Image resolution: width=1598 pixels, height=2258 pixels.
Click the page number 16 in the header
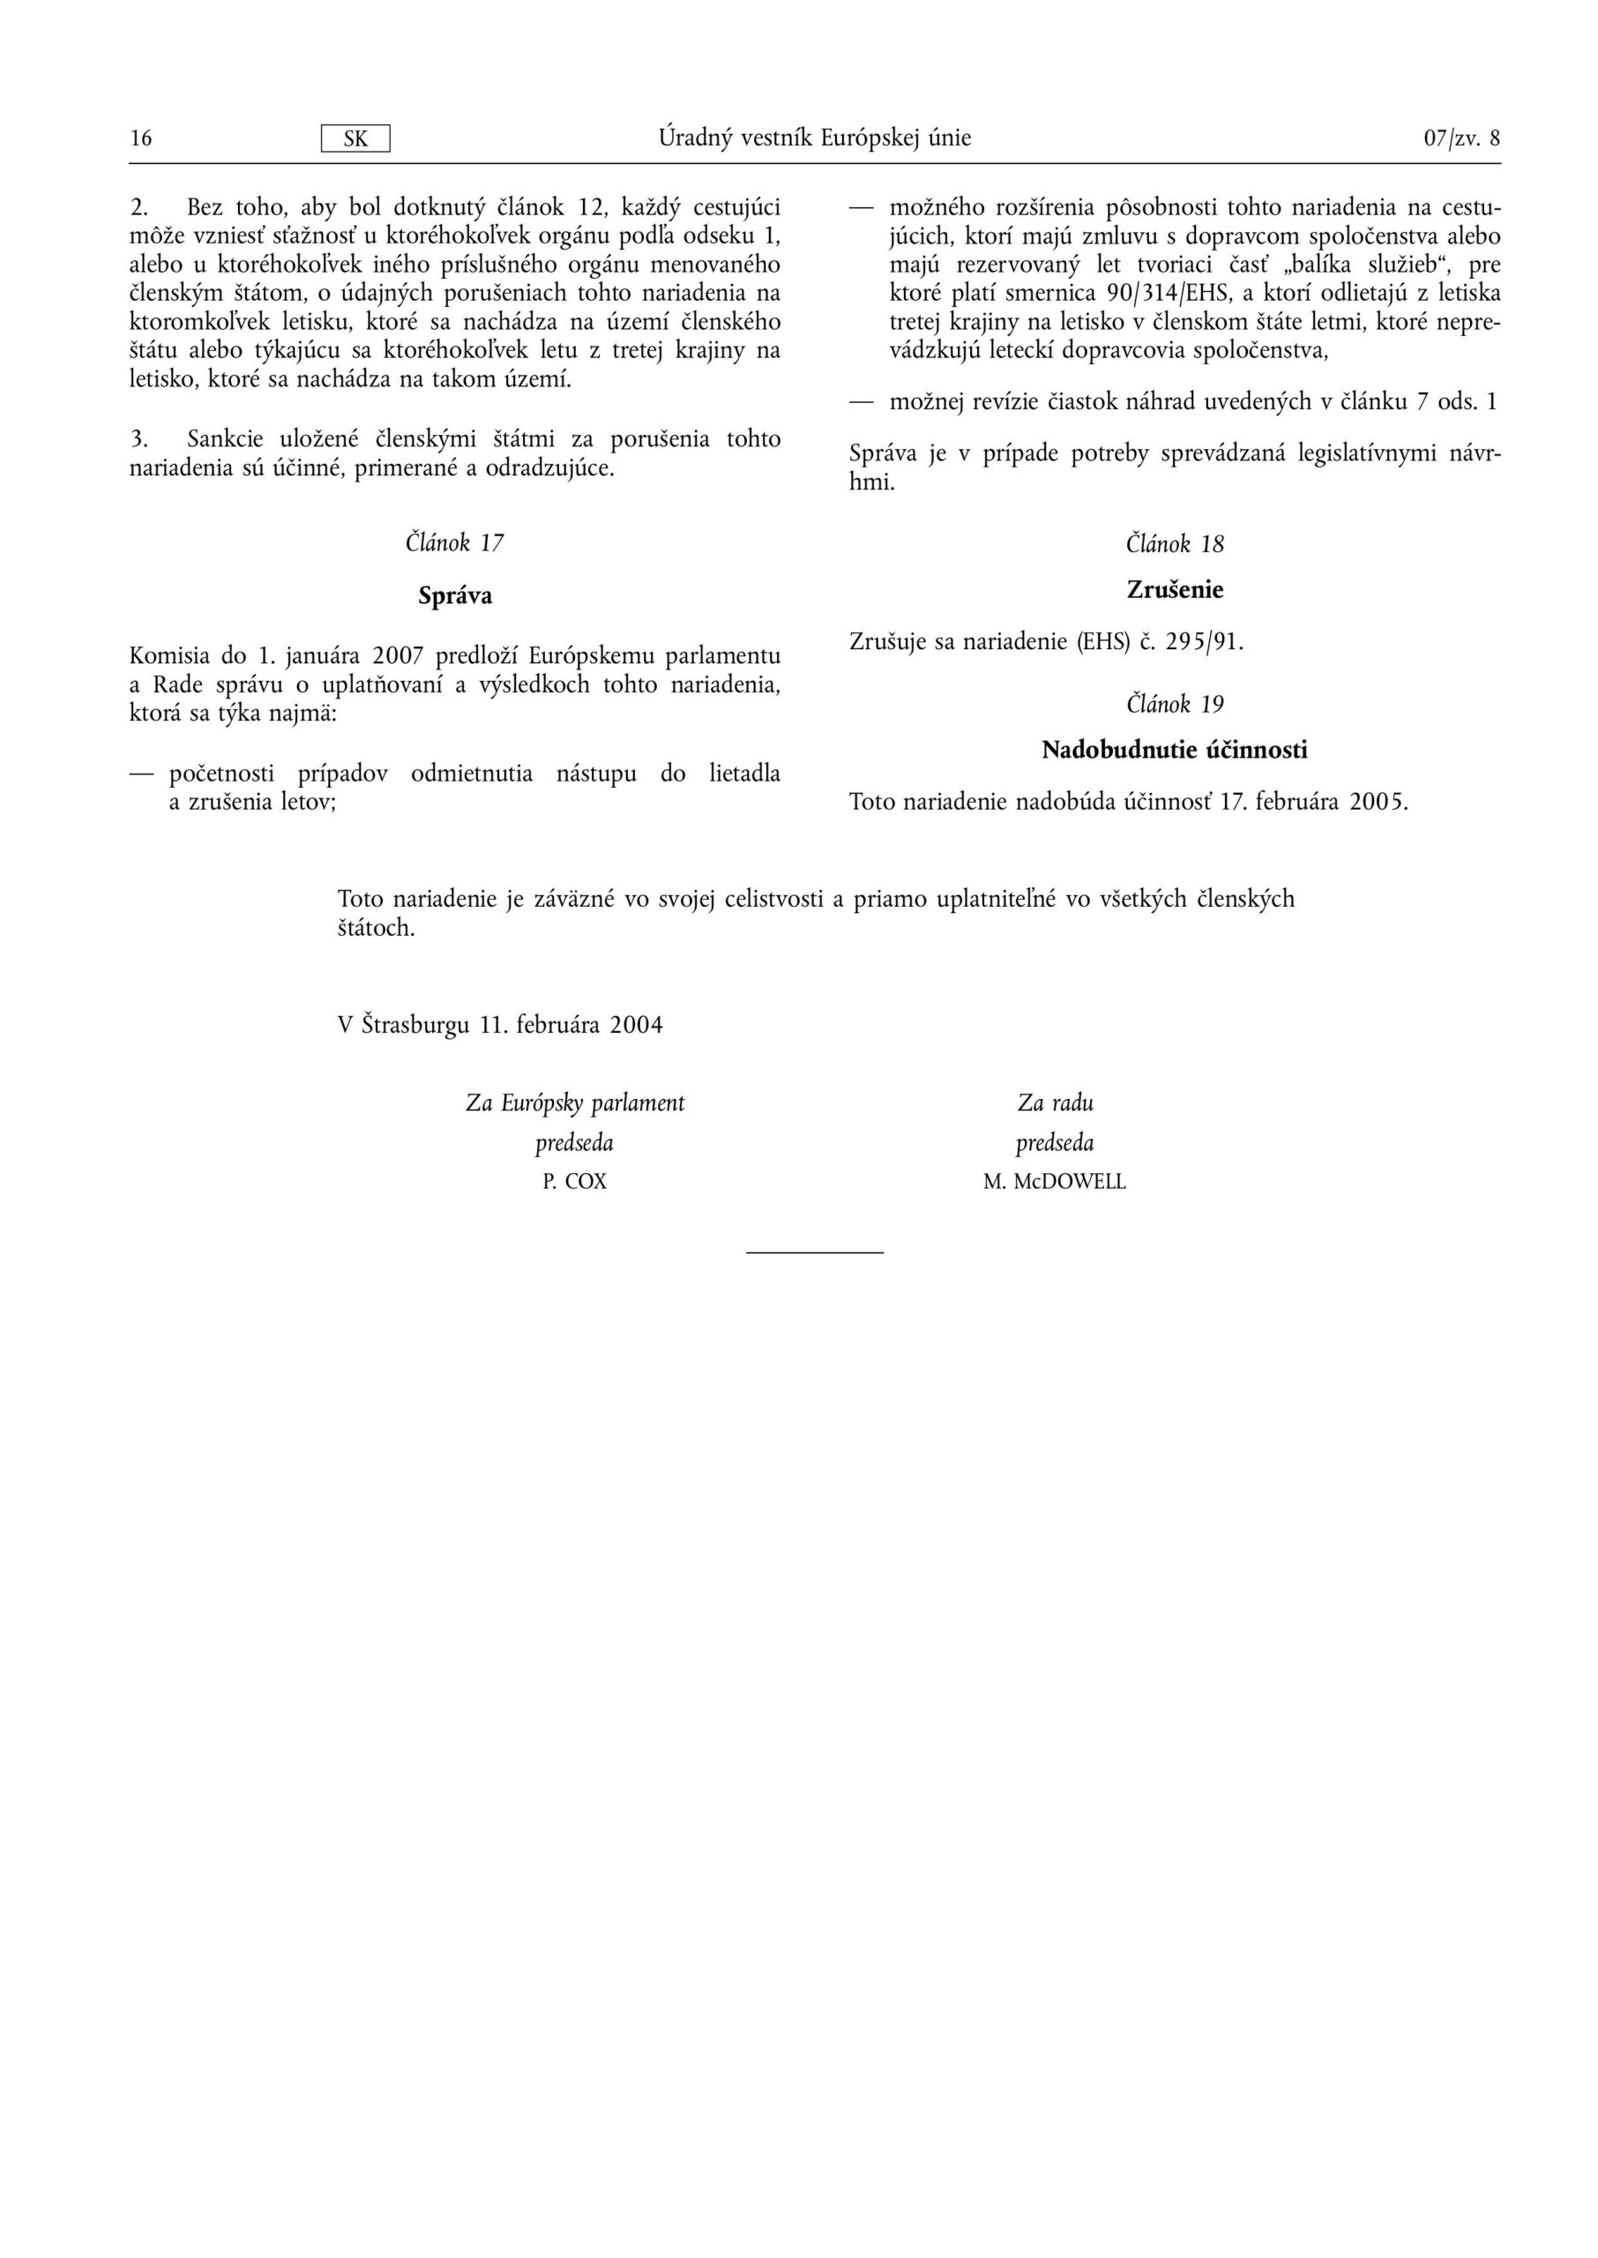pyautogui.click(x=141, y=138)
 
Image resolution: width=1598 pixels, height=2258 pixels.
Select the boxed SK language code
pyautogui.click(x=355, y=138)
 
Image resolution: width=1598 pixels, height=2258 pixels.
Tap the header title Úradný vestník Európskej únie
pyautogui.click(x=815, y=138)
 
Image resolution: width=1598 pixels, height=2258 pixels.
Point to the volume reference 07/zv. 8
pyautogui.click(x=1461, y=138)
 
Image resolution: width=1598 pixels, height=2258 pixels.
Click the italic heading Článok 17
pyautogui.click(x=454, y=543)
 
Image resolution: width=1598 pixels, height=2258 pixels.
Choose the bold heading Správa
pyautogui.click(x=454, y=595)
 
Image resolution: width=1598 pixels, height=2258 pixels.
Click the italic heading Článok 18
pyautogui.click(x=1175, y=544)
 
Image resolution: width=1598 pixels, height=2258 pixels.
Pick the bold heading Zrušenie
pyautogui.click(x=1175, y=590)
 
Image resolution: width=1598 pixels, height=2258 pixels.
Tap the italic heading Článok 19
pyautogui.click(x=1175, y=705)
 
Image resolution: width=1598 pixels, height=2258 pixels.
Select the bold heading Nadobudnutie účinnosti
pyautogui.click(x=1175, y=751)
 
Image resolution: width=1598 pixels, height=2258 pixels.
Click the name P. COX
pyautogui.click(x=575, y=1182)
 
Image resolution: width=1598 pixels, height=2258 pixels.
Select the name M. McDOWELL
pyautogui.click(x=1054, y=1182)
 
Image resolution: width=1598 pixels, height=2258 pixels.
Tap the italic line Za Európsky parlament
pyautogui.click(x=575, y=1103)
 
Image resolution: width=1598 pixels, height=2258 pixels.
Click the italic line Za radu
pyautogui.click(x=1055, y=1103)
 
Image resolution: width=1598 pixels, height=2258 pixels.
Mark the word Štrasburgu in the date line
pyautogui.click(x=415, y=1025)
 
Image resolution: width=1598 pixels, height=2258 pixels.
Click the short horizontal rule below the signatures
pyautogui.click(x=815, y=1252)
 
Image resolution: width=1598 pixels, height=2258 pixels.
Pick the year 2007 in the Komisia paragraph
pyautogui.click(x=398, y=656)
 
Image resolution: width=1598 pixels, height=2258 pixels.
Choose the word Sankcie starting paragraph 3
pyautogui.click(x=224, y=438)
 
